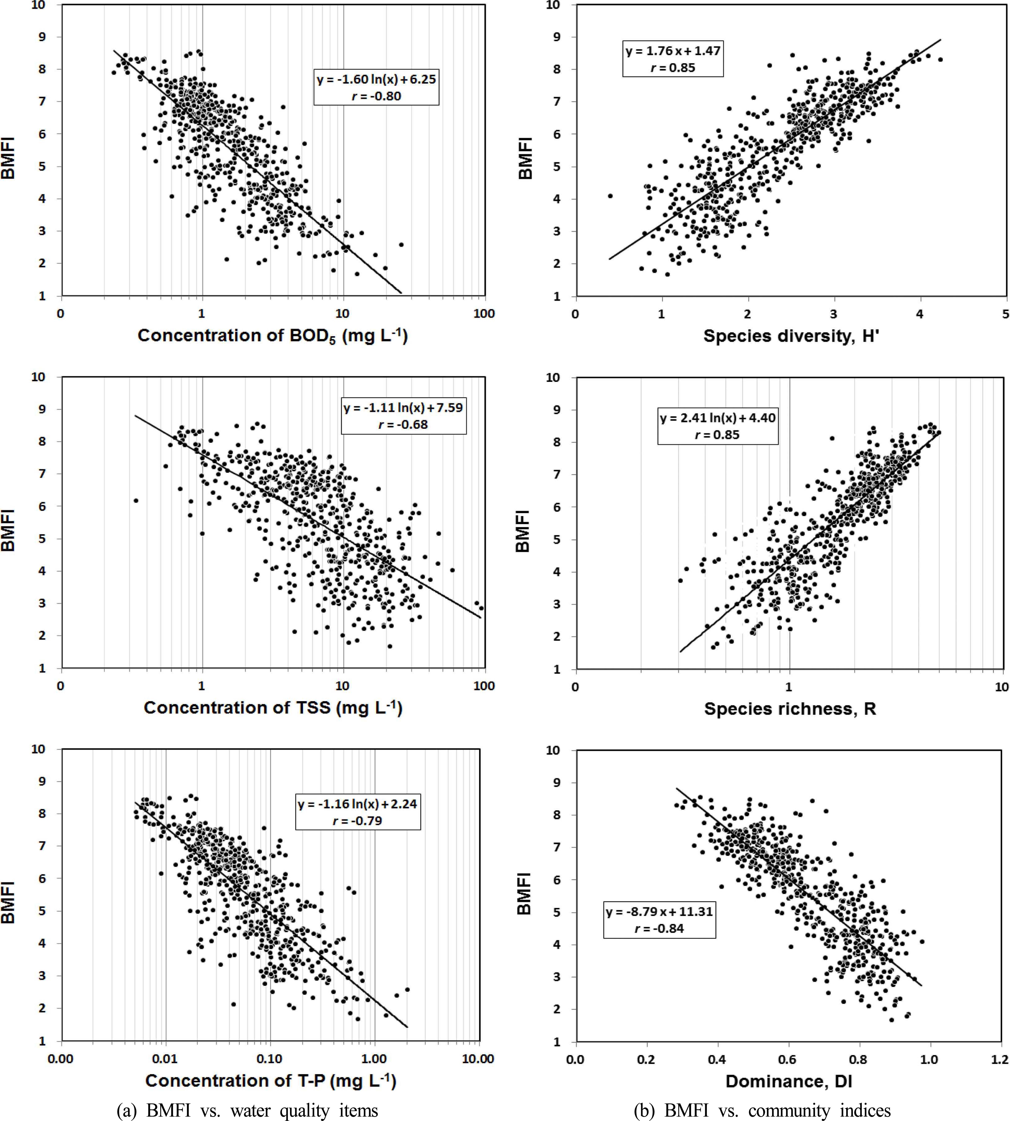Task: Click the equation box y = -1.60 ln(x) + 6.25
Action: coord(376,88)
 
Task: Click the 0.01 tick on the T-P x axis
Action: coord(165,1059)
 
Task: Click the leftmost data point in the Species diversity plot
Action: coord(610,196)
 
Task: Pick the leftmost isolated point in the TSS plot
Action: coord(136,501)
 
